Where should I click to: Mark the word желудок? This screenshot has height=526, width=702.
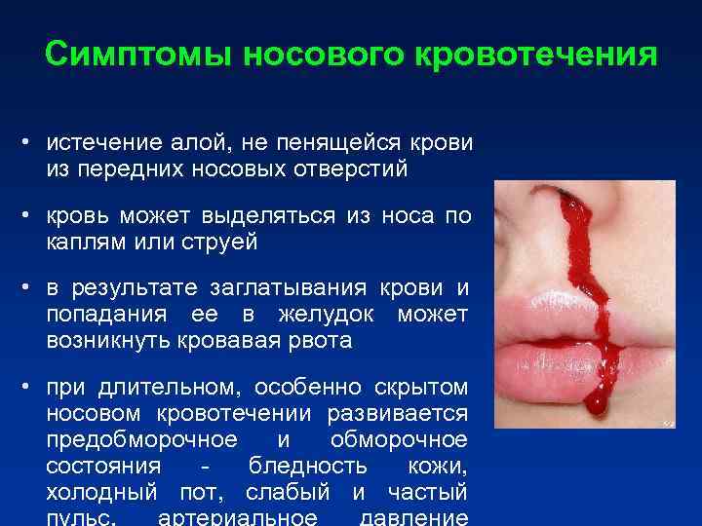point(336,315)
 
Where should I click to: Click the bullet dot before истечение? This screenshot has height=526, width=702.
point(31,142)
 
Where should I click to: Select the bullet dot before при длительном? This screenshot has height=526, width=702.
point(31,388)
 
